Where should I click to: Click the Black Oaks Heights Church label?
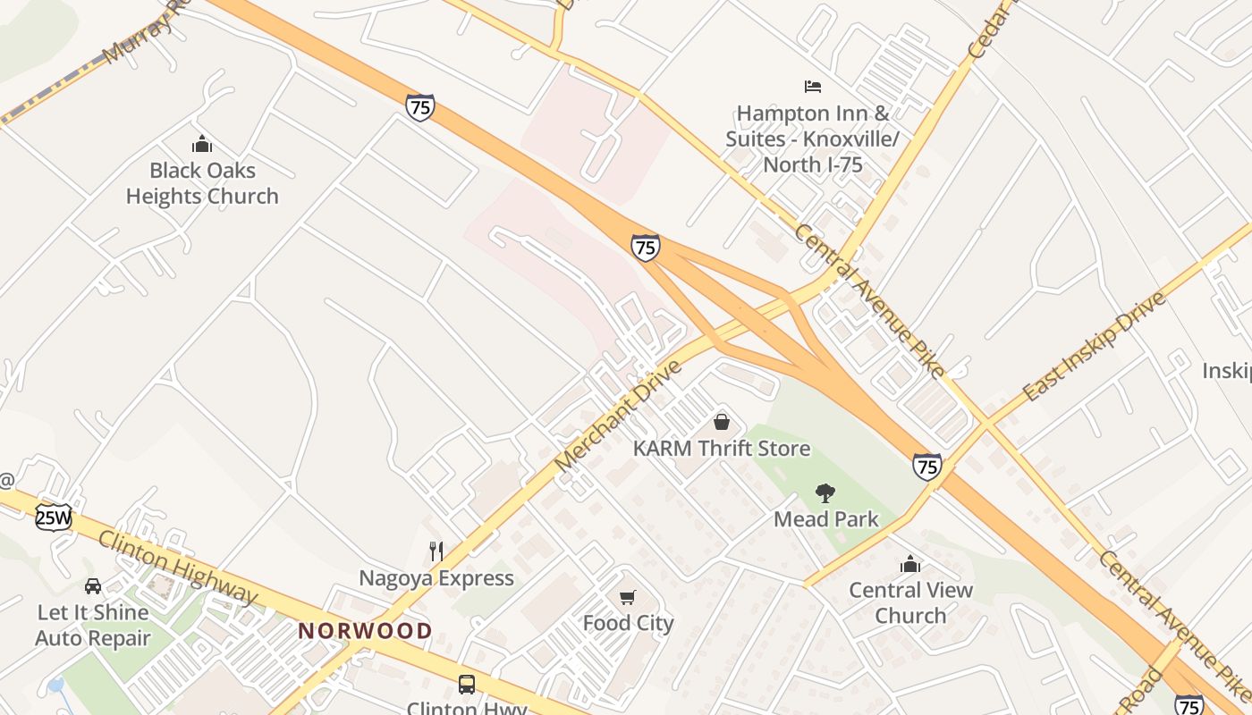click(x=202, y=183)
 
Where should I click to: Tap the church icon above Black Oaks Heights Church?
click(x=202, y=144)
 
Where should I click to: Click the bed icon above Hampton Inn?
click(x=812, y=87)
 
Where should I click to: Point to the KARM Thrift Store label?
click(x=721, y=448)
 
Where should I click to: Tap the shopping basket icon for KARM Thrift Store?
click(x=722, y=421)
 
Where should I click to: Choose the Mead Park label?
click(x=825, y=518)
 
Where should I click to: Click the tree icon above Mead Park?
click(x=825, y=492)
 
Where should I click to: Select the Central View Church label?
click(x=910, y=602)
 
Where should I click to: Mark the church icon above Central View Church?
click(x=910, y=564)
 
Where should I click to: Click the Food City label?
click(x=628, y=623)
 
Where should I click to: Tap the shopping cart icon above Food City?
click(x=628, y=597)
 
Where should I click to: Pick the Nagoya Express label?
click(x=436, y=578)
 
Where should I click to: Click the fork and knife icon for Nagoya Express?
click(x=436, y=551)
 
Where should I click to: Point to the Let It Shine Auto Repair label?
click(x=93, y=625)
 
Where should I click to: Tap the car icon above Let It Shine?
click(x=93, y=586)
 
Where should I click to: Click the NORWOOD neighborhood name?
click(x=365, y=631)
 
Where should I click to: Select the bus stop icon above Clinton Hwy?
click(x=467, y=685)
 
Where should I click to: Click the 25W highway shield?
click(x=53, y=517)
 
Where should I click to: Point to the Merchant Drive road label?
click(x=617, y=416)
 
